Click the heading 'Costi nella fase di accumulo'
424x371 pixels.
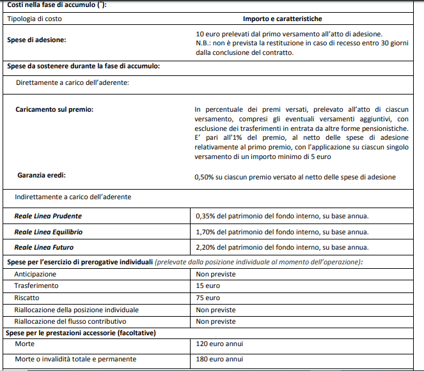[57, 5]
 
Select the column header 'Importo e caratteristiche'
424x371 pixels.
[291, 19]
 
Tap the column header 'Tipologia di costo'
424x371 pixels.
[35, 19]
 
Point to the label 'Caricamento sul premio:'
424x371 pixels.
[54, 110]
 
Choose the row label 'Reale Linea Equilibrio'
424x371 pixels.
[49, 232]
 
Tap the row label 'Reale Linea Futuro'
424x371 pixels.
[45, 247]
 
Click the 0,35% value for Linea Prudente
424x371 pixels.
[282, 216]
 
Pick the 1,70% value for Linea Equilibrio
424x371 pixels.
[282, 232]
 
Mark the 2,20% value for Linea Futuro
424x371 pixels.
[282, 247]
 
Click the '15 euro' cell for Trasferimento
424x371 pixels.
[208, 286]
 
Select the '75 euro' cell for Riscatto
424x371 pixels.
[208, 298]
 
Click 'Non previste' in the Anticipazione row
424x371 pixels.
[216, 274]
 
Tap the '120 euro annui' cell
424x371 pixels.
[219, 344]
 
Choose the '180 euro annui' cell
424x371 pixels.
[219, 360]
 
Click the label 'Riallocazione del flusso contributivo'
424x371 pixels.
[70, 321]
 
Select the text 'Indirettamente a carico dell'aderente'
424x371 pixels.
[73, 197]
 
